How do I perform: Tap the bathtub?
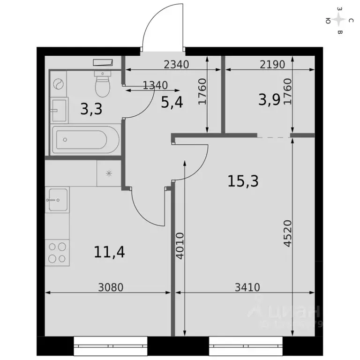pyautogui.click(x=84, y=139)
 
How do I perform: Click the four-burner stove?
pyautogui.click(x=58, y=252)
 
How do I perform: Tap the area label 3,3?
pyautogui.click(x=90, y=109)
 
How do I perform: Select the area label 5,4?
pyautogui.click(x=171, y=102)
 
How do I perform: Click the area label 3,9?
pyautogui.click(x=269, y=100)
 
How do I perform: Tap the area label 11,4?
pyautogui.click(x=109, y=252)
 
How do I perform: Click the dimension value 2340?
pyautogui.click(x=176, y=65)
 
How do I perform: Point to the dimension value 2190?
pyautogui.click(x=272, y=65)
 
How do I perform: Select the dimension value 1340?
pyautogui.click(x=155, y=85)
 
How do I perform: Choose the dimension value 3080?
pyautogui.click(x=111, y=287)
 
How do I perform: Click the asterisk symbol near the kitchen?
pyautogui.click(x=109, y=173)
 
